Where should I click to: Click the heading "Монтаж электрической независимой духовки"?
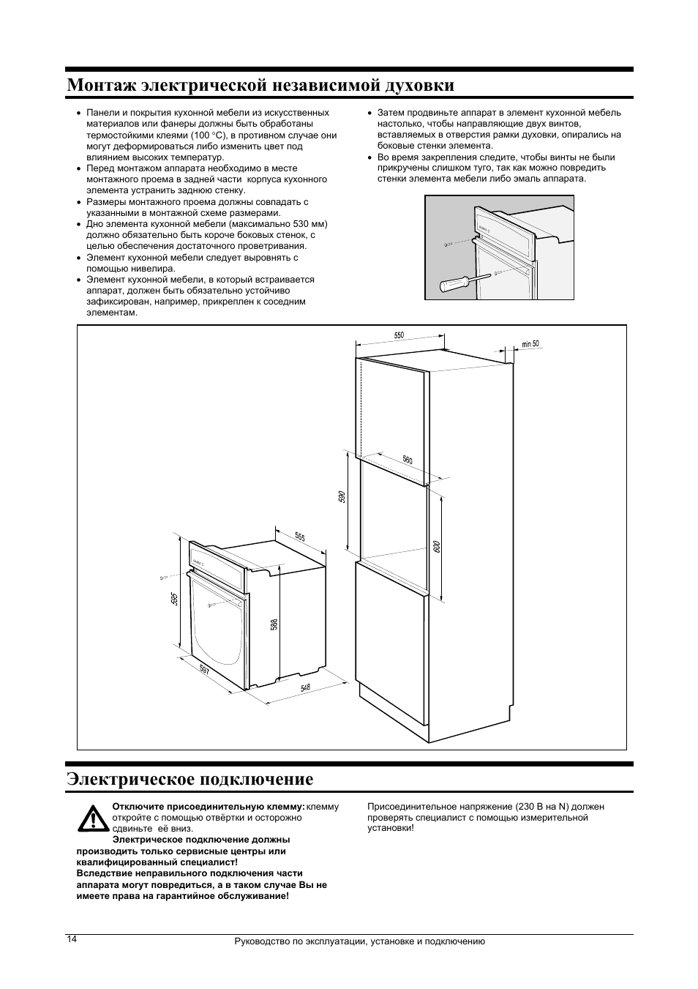pyautogui.click(x=260, y=85)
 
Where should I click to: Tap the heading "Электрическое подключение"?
pyautogui.click(x=189, y=779)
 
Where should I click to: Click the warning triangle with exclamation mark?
pyautogui.click(x=93, y=818)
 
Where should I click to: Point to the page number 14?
pyautogui.click(x=71, y=939)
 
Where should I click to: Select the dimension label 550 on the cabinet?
pyautogui.click(x=399, y=335)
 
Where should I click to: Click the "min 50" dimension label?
pyautogui.click(x=530, y=344)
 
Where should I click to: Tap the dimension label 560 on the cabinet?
pyautogui.click(x=408, y=460)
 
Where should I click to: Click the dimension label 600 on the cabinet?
pyautogui.click(x=436, y=546)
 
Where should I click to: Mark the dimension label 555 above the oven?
pyautogui.click(x=300, y=537)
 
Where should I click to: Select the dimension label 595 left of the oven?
pyautogui.click(x=174, y=598)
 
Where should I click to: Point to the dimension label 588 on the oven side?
pyautogui.click(x=274, y=624)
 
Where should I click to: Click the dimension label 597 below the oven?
pyautogui.click(x=204, y=671)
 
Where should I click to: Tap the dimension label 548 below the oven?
pyautogui.click(x=305, y=688)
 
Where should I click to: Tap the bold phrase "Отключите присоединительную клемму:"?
pyautogui.click(x=208, y=807)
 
